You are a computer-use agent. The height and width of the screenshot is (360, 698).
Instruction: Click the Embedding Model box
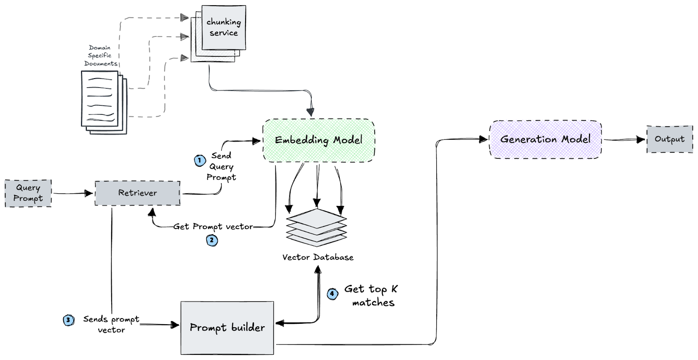[318, 141]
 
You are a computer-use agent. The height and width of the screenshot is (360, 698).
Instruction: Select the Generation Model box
[545, 140]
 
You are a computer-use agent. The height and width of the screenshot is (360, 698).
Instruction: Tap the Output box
[669, 140]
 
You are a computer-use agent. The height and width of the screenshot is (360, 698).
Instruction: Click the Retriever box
[137, 193]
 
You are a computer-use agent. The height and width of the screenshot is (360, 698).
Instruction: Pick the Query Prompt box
[28, 193]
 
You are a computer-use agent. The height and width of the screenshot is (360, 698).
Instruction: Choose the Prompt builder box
[227, 328]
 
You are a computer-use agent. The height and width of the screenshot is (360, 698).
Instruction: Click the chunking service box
[224, 27]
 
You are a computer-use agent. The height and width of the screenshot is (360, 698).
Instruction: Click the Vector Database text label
[318, 257]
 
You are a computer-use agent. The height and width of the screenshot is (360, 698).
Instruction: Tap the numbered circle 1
[200, 161]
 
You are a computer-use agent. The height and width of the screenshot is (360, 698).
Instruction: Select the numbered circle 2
[212, 240]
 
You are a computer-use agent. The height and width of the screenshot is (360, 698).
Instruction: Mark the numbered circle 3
[68, 320]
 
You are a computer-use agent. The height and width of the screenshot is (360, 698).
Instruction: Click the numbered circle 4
[332, 294]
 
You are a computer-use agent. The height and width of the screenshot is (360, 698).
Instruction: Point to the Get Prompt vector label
[213, 226]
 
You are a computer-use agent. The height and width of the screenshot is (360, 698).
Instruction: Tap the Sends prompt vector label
[111, 325]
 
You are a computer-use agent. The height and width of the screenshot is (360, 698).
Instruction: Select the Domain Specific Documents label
[100, 56]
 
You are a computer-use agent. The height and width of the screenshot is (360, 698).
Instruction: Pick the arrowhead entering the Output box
[641, 140]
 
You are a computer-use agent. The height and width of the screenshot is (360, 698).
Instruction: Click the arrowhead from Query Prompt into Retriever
[90, 193]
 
